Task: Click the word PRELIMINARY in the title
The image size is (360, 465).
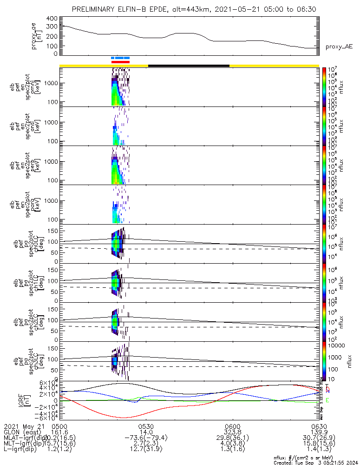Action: click(x=95, y=10)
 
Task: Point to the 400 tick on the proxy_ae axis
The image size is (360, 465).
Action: click(x=52, y=18)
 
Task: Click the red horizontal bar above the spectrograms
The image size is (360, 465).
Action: click(x=120, y=61)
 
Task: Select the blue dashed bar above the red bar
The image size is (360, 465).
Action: click(x=120, y=58)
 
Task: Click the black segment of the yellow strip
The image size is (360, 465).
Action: click(x=189, y=66)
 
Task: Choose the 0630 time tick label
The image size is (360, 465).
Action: click(x=319, y=426)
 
